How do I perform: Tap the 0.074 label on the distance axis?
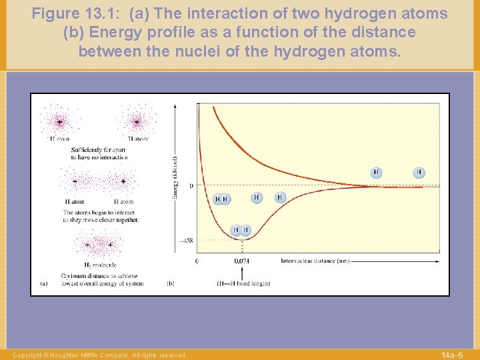click(242, 261)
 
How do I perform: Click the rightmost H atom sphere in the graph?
click(419, 172)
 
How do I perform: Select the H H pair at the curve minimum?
click(241, 230)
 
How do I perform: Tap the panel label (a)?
click(43, 283)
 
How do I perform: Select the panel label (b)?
click(170, 283)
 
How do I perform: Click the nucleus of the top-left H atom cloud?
click(59, 123)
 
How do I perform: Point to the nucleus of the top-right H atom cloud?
click(137, 123)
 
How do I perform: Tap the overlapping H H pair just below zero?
click(221, 199)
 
